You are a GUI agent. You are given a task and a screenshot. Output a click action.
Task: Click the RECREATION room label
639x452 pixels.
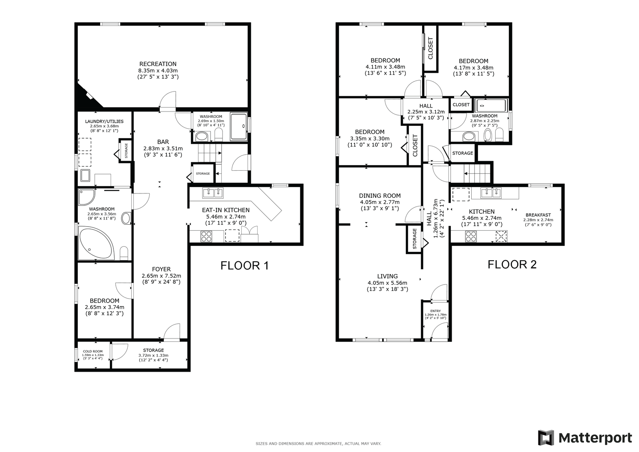tap(158, 64)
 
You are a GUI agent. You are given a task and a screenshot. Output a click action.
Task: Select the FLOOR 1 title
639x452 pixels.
tap(244, 265)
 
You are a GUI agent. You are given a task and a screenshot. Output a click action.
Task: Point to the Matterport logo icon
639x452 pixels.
tap(546, 438)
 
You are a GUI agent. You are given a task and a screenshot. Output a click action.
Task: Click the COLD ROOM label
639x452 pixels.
tap(93, 352)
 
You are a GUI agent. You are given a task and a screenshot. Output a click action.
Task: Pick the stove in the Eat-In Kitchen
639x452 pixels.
tap(206, 237)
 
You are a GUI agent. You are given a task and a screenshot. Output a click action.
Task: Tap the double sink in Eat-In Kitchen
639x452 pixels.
tap(213, 193)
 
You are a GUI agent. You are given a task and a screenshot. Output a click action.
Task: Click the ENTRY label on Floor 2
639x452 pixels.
tap(435, 311)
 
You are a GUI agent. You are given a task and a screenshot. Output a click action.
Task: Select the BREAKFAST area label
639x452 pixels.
tap(538, 215)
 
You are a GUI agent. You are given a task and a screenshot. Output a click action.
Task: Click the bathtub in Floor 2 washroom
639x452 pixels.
tap(491, 106)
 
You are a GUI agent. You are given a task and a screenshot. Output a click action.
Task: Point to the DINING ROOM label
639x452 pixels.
tap(380, 195)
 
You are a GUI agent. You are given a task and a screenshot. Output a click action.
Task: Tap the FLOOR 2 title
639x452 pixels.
tap(512, 265)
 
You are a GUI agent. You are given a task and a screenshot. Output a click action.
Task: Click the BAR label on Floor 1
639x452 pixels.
tap(163, 141)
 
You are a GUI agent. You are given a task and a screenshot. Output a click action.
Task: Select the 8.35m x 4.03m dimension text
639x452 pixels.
tap(158, 70)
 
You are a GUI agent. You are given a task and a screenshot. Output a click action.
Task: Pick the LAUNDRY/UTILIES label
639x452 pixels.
tap(104, 121)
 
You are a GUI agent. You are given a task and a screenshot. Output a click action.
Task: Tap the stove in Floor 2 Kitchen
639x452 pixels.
tap(471, 236)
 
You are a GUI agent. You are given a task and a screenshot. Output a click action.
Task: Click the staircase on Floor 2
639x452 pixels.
tap(477, 173)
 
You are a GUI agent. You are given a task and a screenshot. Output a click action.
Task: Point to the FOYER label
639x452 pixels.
tap(161, 269)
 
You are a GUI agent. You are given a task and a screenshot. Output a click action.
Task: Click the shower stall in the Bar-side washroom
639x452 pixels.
tap(239, 127)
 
